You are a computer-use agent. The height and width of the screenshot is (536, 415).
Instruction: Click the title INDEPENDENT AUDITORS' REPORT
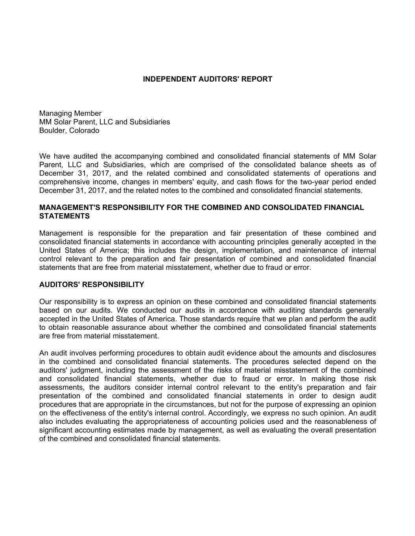(x=207, y=79)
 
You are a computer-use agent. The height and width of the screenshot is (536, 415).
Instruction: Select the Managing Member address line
(x=70, y=113)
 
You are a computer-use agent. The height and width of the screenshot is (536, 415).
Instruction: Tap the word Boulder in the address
(x=52, y=130)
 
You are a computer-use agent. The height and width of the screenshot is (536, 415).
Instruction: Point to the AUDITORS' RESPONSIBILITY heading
(x=92, y=285)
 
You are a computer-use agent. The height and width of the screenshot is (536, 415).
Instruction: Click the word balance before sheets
(x=314, y=165)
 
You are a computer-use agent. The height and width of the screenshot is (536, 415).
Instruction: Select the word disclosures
(x=356, y=353)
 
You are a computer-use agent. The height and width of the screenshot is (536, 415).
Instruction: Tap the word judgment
(x=88, y=370)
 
